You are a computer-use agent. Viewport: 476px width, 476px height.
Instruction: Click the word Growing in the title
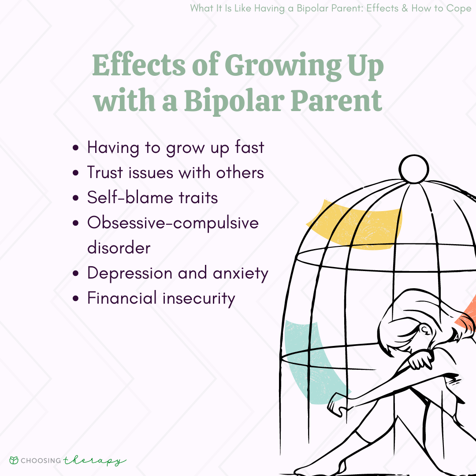pyautogui.click(x=283, y=67)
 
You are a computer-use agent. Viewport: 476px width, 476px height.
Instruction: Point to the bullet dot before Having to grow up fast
pyautogui.click(x=76, y=148)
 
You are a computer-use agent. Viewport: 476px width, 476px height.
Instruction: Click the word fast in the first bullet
pyautogui.click(x=249, y=147)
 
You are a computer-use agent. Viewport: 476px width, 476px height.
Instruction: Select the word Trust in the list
pyautogui.click(x=105, y=172)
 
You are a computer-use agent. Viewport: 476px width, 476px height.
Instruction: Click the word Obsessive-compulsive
pyautogui.click(x=173, y=223)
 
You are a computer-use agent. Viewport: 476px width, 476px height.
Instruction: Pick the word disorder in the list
pyautogui.click(x=119, y=247)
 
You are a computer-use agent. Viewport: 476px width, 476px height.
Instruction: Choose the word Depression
pyautogui.click(x=130, y=273)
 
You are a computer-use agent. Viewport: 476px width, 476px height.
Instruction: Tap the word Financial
pyautogui.click(x=122, y=298)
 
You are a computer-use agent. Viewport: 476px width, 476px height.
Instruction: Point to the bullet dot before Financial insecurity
pyautogui.click(x=76, y=298)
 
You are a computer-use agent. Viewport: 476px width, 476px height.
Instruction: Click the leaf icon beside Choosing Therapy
pyautogui.click(x=14, y=460)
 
